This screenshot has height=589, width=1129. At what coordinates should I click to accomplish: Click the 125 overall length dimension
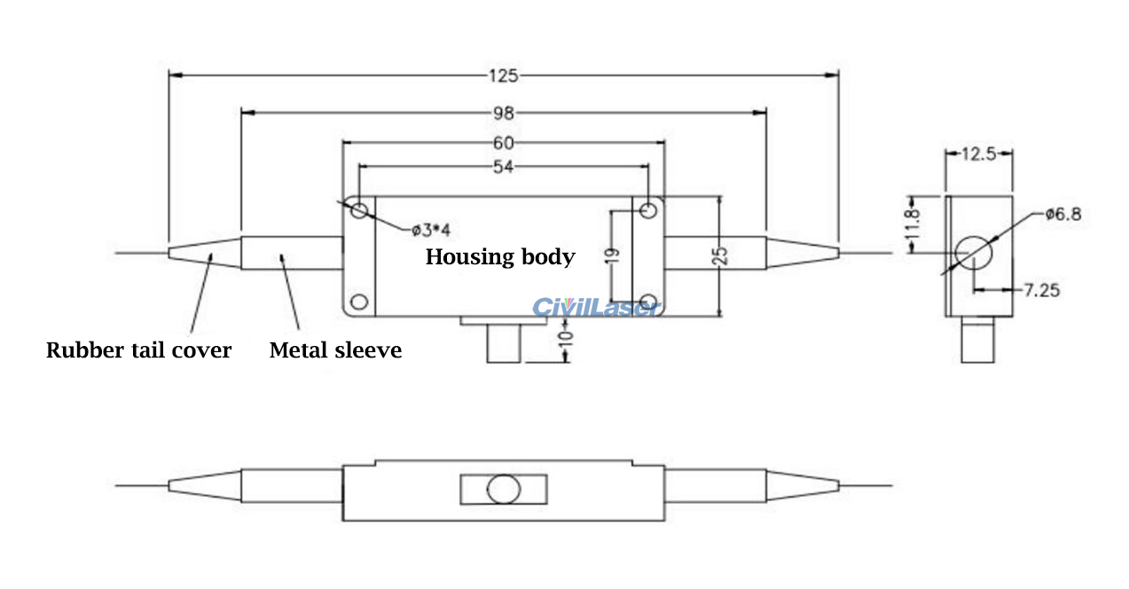pos(503,75)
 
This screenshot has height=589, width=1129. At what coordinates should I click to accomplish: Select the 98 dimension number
pos(503,113)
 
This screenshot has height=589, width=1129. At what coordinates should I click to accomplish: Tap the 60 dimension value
pos(503,142)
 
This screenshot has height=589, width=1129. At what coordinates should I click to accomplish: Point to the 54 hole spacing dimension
pos(503,166)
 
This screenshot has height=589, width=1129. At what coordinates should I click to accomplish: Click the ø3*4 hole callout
pos(431,231)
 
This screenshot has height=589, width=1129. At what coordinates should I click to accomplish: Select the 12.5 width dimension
pos(978,153)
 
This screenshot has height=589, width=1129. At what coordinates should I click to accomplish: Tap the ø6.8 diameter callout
pos(1063,214)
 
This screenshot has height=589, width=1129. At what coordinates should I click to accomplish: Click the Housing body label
pos(500,257)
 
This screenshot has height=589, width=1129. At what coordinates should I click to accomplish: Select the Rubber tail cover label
pos(138,350)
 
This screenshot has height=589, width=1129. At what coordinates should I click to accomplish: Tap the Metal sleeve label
pos(335,350)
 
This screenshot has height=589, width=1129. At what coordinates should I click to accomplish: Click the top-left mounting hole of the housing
pos(359,210)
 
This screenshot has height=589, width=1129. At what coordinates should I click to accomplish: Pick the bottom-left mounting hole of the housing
pos(359,302)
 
